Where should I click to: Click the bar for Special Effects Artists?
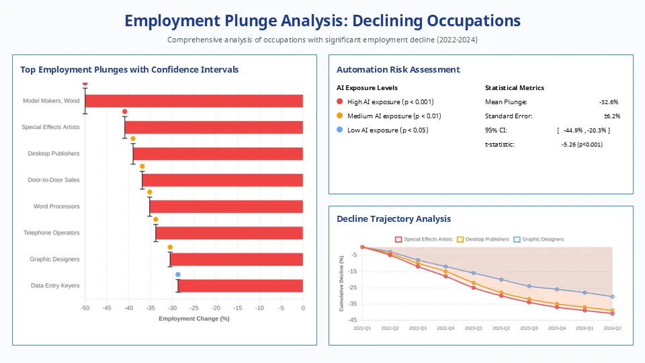(214, 127)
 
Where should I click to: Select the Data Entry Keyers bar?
(241, 286)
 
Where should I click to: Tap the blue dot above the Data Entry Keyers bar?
(178, 274)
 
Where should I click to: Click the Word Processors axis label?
(56, 206)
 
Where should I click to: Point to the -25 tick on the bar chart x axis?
(194, 308)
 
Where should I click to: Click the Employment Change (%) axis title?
(193, 319)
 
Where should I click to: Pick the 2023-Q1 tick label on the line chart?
(473, 329)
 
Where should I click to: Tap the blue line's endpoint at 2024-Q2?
(612, 296)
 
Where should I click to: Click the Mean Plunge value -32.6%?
(608, 102)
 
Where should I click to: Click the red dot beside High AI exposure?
(339, 102)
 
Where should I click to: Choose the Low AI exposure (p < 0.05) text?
(388, 130)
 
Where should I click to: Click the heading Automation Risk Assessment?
(398, 70)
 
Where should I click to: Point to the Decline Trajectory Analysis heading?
(394, 219)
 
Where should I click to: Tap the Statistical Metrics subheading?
(514, 88)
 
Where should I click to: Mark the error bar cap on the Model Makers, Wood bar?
(85, 88)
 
